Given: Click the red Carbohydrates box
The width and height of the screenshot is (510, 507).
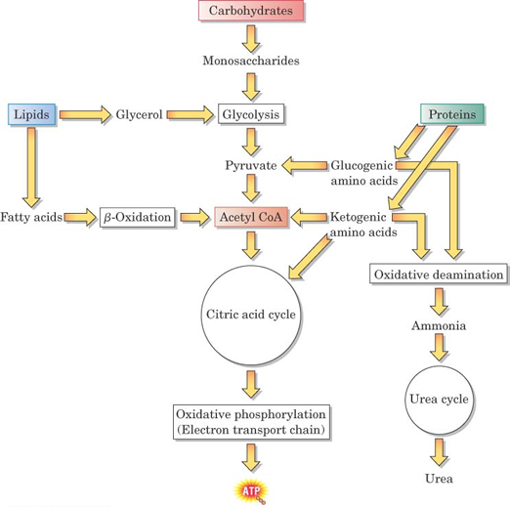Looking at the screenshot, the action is pyautogui.click(x=251, y=11).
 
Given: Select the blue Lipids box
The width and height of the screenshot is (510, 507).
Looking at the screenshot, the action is pyautogui.click(x=31, y=114).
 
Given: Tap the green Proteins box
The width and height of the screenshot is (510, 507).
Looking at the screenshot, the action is pyautogui.click(x=451, y=114).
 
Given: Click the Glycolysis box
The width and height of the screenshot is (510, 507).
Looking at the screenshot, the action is pyautogui.click(x=251, y=114).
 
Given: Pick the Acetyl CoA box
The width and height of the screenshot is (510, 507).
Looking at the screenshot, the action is pyautogui.click(x=251, y=217).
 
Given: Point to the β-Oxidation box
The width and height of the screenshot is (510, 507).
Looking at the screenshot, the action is pyautogui.click(x=137, y=217).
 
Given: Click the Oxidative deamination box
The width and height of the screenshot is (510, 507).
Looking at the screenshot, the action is pyautogui.click(x=439, y=275).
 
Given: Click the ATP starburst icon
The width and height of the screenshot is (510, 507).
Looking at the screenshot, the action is pyautogui.click(x=251, y=491).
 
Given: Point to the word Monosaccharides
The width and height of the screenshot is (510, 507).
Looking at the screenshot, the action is pyautogui.click(x=251, y=61).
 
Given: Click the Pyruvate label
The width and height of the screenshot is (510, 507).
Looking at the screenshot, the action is pyautogui.click(x=251, y=165).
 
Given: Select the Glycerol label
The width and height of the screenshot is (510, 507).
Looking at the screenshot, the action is pyautogui.click(x=139, y=114).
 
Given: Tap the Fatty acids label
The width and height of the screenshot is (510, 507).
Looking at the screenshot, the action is pyautogui.click(x=31, y=217).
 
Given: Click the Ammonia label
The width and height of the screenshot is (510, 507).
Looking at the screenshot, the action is pyautogui.click(x=439, y=325).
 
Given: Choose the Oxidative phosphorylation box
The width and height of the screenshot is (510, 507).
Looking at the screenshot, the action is pyautogui.click(x=251, y=422).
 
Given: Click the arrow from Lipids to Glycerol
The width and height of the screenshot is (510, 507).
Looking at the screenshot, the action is pyautogui.click(x=85, y=114).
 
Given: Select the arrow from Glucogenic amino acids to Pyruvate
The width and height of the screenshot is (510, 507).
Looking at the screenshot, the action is pyautogui.click(x=305, y=165).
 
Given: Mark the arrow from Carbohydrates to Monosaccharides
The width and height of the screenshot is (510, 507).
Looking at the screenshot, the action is pyautogui.click(x=251, y=39).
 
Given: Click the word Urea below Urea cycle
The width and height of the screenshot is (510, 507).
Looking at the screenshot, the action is pyautogui.click(x=439, y=479).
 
